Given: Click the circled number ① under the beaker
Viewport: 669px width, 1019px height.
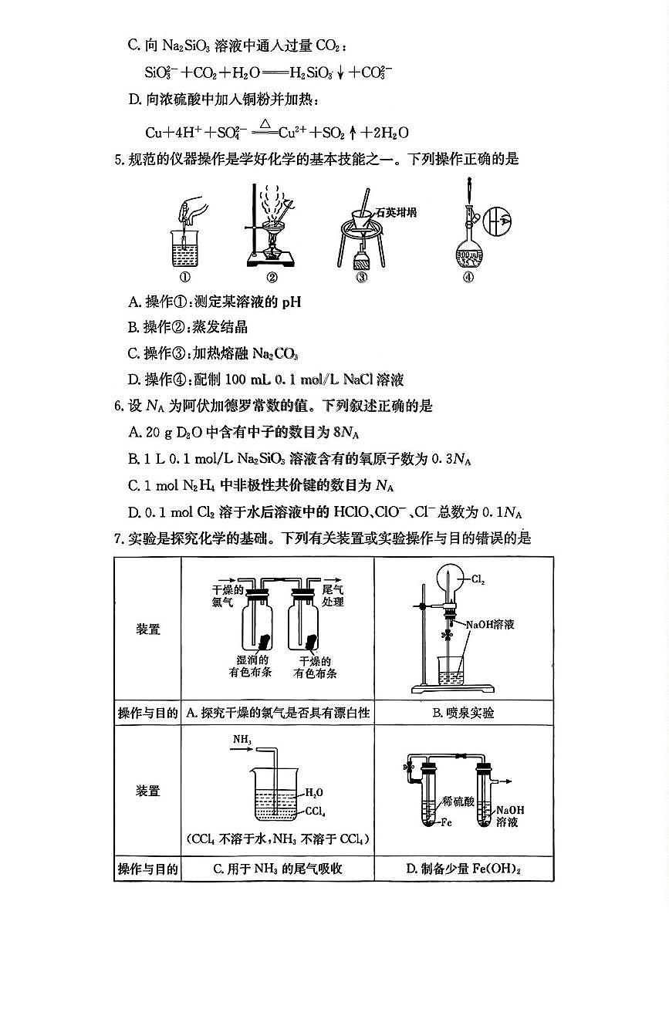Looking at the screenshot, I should (x=184, y=278).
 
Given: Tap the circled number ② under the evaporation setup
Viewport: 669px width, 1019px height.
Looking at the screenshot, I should (x=272, y=278).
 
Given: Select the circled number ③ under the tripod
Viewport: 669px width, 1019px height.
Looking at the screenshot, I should (x=361, y=278).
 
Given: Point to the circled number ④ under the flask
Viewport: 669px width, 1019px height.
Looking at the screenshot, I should (x=468, y=278).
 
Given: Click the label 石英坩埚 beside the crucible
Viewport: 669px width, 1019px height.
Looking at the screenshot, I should (x=396, y=212).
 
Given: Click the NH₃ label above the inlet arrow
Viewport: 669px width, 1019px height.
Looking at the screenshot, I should (x=242, y=740).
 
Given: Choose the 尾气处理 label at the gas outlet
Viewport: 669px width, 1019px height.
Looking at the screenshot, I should (x=333, y=595).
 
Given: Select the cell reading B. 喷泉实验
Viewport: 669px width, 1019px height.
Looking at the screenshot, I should (x=463, y=714).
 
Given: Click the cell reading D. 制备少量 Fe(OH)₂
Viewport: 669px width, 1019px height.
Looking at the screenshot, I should (x=463, y=869).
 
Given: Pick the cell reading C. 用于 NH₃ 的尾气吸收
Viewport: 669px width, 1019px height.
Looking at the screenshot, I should (x=277, y=869).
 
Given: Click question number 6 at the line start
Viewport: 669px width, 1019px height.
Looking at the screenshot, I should (x=118, y=406).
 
